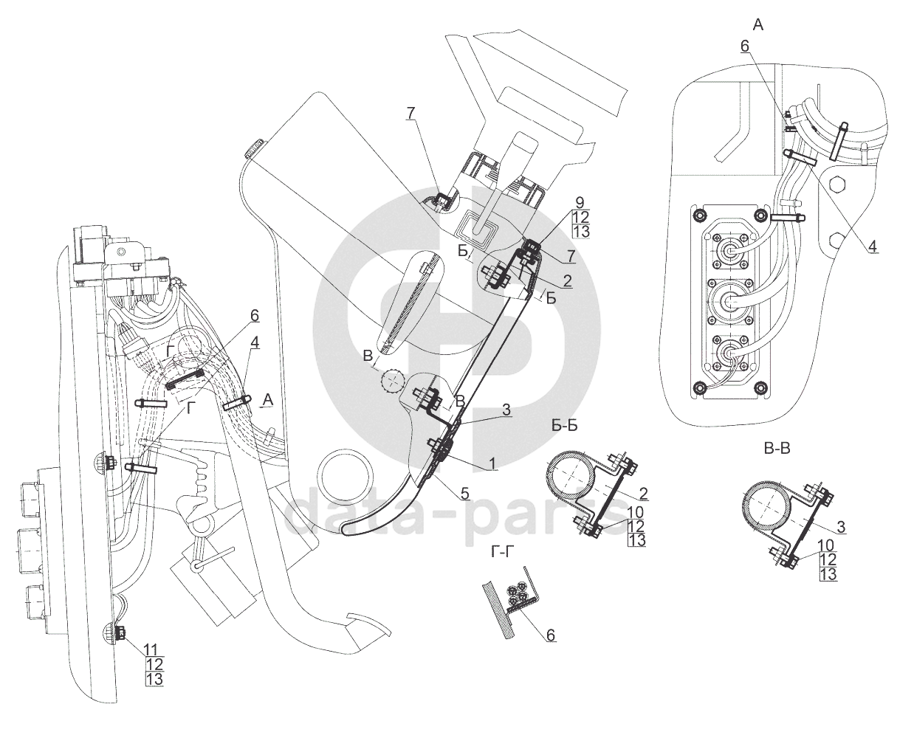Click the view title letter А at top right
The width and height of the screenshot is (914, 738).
pyautogui.click(x=758, y=25)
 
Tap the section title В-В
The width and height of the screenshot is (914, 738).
pyautogui.click(x=777, y=449)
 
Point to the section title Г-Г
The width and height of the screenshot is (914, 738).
pyautogui.click(x=501, y=552)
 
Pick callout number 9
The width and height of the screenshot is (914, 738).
pyautogui.click(x=580, y=202)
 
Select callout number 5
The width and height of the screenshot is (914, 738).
pyautogui.click(x=464, y=494)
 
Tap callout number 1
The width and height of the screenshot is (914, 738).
pyautogui.click(x=492, y=463)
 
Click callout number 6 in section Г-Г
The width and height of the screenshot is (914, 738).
pyautogui.click(x=551, y=634)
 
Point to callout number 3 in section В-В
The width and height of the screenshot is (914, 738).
pyautogui.click(x=841, y=527)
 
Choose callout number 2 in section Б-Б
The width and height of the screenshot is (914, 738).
pyautogui.click(x=643, y=494)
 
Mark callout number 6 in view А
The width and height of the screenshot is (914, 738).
pyautogui.click(x=744, y=46)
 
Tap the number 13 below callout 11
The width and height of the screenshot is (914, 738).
pyautogui.click(x=154, y=679)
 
